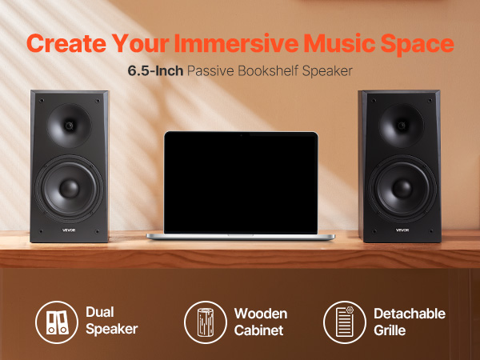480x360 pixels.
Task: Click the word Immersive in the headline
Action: click(x=236, y=43)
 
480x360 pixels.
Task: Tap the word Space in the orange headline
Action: click(x=418, y=44)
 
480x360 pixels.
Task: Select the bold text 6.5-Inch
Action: click(x=155, y=70)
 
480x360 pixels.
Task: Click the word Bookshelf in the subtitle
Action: click(x=268, y=70)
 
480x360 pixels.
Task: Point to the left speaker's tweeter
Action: click(x=69, y=126)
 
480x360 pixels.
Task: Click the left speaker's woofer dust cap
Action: click(x=69, y=189)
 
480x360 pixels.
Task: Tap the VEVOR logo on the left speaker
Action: click(x=69, y=230)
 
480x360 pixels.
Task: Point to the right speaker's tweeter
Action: click(x=402, y=126)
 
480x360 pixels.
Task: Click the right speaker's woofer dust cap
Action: click(x=402, y=189)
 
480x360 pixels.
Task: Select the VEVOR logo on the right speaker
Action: click(x=402, y=230)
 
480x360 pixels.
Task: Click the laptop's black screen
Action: click(x=241, y=182)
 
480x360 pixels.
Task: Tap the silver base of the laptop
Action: click(x=241, y=237)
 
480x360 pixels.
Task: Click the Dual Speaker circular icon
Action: click(x=57, y=322)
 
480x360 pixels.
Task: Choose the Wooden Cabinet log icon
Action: click(x=206, y=322)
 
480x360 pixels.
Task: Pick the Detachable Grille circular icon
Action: click(x=345, y=322)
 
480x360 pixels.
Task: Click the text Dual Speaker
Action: click(x=111, y=321)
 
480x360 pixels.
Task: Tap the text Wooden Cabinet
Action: click(x=261, y=322)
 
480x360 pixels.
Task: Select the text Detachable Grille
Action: click(x=410, y=322)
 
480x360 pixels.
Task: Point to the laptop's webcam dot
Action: click(x=241, y=135)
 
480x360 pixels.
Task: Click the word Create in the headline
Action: click(x=66, y=43)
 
